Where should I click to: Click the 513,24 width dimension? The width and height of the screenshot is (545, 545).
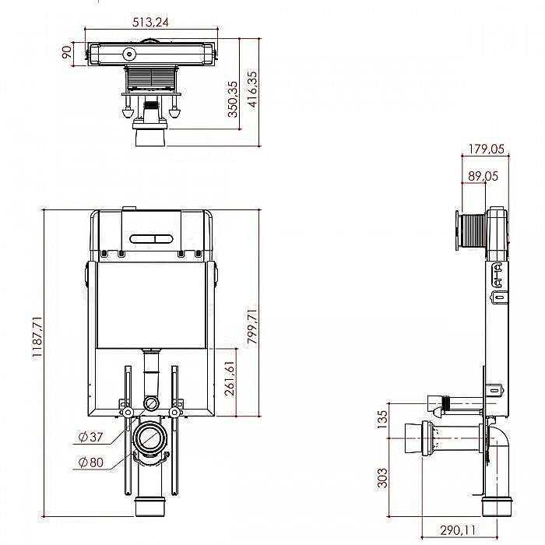151,22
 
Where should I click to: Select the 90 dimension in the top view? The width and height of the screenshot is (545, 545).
68,52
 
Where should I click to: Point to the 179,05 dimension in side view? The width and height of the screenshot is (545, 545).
487,149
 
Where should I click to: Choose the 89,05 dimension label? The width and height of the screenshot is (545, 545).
483,177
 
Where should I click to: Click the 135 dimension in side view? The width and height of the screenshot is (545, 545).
381,420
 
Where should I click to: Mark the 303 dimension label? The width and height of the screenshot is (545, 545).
381,476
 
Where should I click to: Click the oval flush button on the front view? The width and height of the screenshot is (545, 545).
152,237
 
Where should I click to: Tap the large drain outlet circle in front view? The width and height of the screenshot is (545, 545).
151,439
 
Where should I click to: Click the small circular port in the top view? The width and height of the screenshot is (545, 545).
128,54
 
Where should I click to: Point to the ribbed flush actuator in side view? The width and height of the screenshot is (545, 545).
471,230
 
